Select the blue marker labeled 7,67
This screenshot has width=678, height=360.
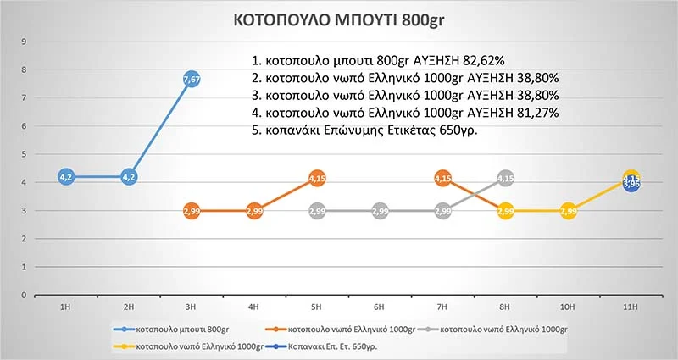tap(192, 79)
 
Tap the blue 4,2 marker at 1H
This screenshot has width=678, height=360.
tap(66, 176)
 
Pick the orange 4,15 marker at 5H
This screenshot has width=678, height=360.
tap(317, 178)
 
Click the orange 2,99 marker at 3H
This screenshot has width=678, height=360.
tap(192, 210)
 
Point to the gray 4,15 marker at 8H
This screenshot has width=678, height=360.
tap(506, 178)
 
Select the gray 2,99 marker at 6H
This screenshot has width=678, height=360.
tap(380, 210)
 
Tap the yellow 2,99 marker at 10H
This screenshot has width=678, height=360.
tap(569, 210)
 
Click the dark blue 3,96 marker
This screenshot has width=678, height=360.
tap(631, 184)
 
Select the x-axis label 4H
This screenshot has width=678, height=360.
tap(254, 306)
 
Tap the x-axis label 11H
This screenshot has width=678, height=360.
tap(631, 306)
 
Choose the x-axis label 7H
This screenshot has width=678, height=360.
tap(442, 306)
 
